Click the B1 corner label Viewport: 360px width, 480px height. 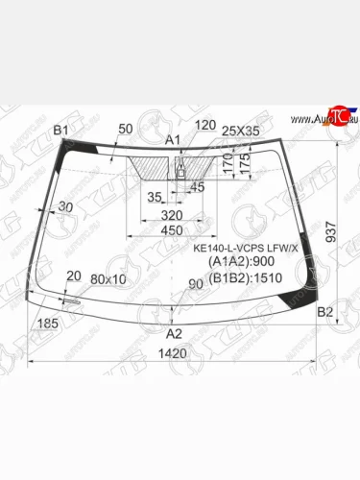coord(61,130)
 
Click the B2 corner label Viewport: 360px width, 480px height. coord(324,312)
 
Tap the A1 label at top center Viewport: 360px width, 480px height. coord(173,140)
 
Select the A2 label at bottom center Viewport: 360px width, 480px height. coord(174,334)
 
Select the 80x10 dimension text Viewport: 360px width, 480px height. coord(108,279)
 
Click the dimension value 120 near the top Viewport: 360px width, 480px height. coord(204,125)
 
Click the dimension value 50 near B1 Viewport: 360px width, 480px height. coord(126,129)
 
